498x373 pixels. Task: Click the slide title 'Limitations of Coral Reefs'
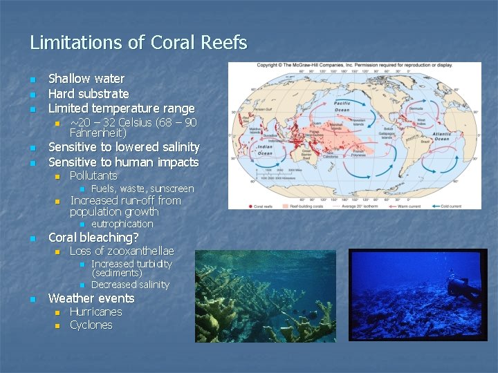point(138,43)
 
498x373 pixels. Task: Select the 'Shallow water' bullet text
point(86,79)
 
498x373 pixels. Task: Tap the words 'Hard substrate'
point(89,93)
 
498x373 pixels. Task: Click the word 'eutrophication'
point(122,224)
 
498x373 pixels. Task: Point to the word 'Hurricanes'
point(95,312)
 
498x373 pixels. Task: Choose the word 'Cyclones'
point(91,325)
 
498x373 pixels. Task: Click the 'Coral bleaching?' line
point(93,237)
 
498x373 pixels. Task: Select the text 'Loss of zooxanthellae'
point(122,251)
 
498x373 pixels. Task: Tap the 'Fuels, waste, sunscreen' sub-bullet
point(142,189)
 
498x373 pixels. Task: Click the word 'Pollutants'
point(93,175)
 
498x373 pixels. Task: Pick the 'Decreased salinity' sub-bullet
point(130,285)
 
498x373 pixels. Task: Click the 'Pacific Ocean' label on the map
point(342,106)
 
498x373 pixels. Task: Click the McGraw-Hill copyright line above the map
point(355,65)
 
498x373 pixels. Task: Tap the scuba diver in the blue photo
point(460,289)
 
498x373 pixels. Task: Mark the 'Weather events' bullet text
point(91,298)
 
